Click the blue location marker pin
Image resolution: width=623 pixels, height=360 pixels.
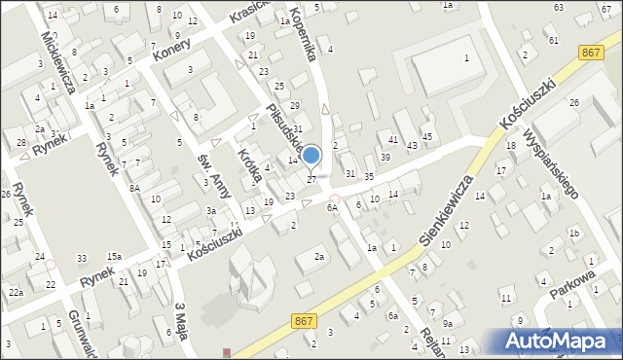(311, 156)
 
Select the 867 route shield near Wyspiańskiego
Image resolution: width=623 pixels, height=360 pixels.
(588, 53)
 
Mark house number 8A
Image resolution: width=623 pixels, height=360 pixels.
(136, 188)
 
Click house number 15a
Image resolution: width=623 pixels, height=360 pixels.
(115, 256)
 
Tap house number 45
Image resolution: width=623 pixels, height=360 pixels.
(426, 136)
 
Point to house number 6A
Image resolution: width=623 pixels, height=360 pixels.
(332, 207)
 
